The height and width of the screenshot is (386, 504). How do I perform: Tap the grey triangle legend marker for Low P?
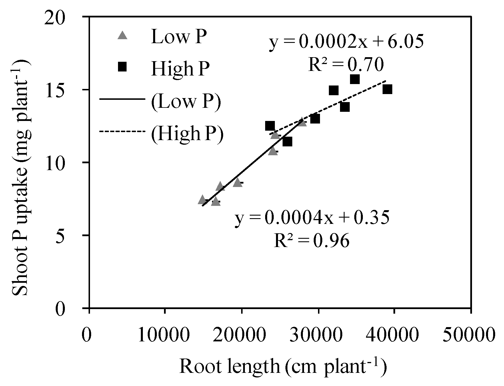(x=123, y=35)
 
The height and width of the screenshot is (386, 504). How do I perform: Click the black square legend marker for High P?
(x=123, y=67)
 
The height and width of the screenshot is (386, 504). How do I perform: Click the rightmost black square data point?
(x=387, y=89)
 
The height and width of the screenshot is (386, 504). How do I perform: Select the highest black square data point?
(x=355, y=79)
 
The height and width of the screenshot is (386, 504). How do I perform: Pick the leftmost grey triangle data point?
(x=202, y=200)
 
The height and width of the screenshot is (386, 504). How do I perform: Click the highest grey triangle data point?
(x=302, y=122)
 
